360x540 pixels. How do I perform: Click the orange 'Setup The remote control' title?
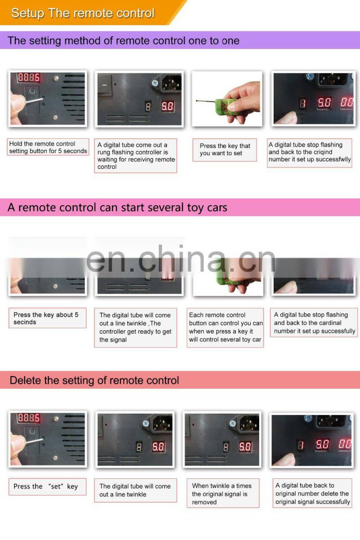click(83, 13)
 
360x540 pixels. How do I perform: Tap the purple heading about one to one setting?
click(123, 40)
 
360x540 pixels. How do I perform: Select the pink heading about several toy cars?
click(117, 207)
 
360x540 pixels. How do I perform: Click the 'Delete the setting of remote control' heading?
click(94, 380)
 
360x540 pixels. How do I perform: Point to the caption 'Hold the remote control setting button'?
click(48, 147)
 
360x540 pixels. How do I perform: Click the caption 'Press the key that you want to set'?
click(225, 149)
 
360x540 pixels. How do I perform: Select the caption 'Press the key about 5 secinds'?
click(46, 318)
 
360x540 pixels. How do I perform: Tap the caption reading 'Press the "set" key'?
click(45, 486)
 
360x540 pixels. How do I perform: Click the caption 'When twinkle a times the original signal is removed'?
click(222, 494)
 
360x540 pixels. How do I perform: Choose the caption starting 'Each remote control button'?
click(226, 327)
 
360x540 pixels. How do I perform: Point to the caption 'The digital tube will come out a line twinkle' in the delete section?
click(135, 490)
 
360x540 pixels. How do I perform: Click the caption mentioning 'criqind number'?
click(310, 152)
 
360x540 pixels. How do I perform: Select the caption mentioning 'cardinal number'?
click(315, 323)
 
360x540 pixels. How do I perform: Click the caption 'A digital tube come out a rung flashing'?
click(136, 156)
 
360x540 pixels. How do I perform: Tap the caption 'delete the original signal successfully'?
click(312, 494)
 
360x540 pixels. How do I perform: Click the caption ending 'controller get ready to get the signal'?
click(135, 327)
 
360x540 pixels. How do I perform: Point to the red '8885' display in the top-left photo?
click(29, 77)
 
